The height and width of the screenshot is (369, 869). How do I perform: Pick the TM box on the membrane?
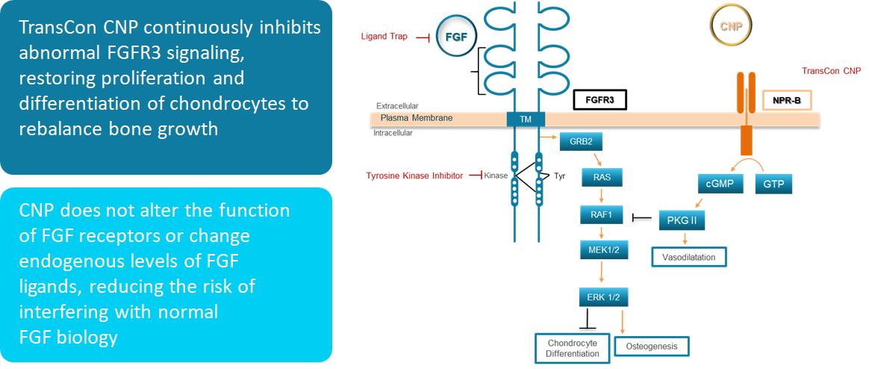(x=526, y=119)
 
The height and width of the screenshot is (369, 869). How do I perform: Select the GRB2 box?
(x=581, y=141)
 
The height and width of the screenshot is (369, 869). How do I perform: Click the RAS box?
(x=601, y=178)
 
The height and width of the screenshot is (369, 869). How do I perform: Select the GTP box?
(x=773, y=183)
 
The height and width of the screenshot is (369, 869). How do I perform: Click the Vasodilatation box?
(x=688, y=257)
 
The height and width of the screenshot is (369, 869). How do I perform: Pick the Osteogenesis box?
(x=651, y=347)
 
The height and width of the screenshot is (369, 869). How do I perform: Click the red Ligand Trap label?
(x=384, y=36)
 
